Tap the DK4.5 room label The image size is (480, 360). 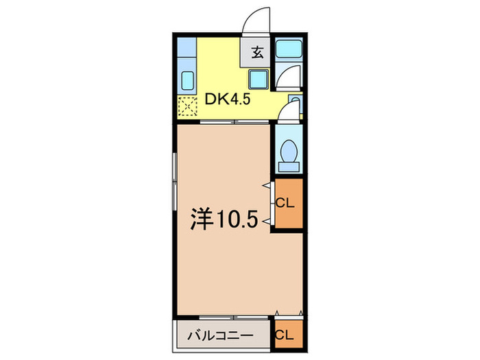pos(227,100)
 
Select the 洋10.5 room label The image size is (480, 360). pos(224,219)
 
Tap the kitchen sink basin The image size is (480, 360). pos(187,82)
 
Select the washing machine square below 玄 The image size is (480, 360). pos(258,80)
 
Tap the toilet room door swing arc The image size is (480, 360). pos(291,109)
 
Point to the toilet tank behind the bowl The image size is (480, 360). pos(289,165)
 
